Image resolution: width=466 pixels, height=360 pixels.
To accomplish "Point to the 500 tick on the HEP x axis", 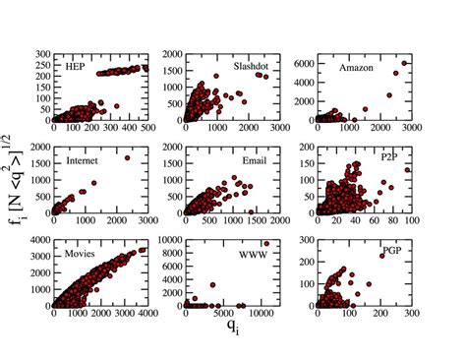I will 146,129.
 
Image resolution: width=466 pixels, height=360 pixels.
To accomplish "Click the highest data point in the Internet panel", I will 128,157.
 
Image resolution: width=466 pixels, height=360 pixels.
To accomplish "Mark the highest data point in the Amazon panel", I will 405,63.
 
